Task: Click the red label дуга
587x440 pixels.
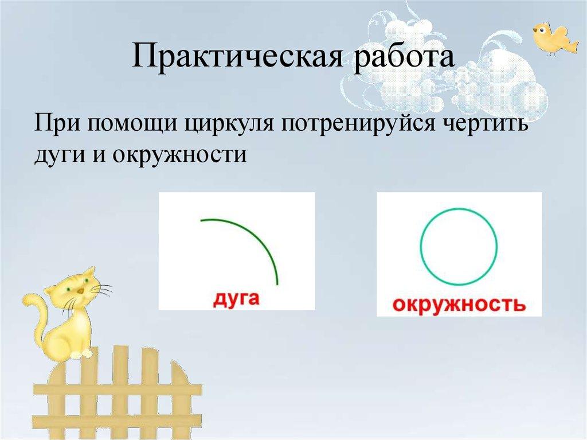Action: coord(237,299)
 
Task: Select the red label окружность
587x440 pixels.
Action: coord(459,303)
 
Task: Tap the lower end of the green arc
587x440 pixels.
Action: coord(277,282)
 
